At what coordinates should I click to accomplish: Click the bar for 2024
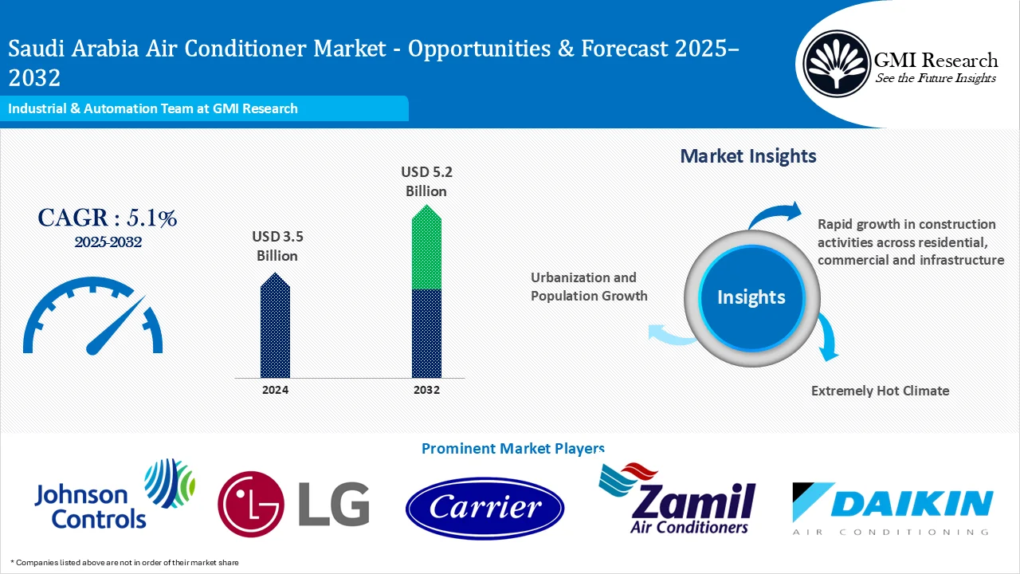pos(275,327)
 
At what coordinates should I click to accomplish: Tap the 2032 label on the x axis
pos(426,390)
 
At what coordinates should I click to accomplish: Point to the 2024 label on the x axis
pos(275,390)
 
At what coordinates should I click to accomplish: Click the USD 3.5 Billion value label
pos(277,246)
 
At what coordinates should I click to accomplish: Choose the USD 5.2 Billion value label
pos(426,182)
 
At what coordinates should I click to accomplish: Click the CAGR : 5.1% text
pos(108,218)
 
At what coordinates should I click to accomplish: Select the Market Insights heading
pos(747,156)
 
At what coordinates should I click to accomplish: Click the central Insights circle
pos(751,297)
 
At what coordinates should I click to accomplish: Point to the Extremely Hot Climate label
pos(880,391)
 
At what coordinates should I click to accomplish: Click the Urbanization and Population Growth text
pos(588,287)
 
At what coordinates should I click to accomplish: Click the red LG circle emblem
pos(250,503)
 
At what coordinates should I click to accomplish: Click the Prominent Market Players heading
pos(512,449)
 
